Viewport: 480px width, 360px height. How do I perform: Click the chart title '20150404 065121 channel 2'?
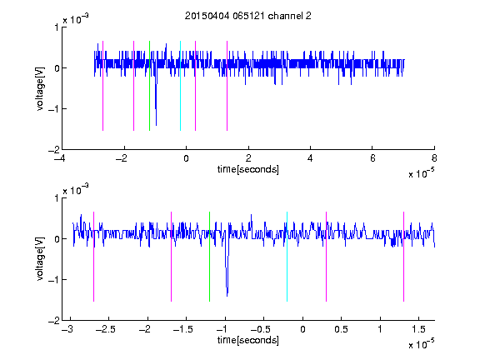tap(248, 16)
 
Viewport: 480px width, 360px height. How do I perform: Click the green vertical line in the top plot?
tap(149, 86)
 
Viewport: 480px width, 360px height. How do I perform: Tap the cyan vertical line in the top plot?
tap(180, 86)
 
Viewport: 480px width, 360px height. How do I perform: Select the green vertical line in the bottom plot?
tap(209, 257)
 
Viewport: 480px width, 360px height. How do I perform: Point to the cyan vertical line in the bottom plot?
tap(287, 257)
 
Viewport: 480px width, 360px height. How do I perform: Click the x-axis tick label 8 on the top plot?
tap(434, 158)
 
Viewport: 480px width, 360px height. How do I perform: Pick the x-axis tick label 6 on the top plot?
tap(372, 158)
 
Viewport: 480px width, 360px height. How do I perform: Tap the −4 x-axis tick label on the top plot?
tap(59, 158)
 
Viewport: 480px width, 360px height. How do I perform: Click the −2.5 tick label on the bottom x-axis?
tap(105, 329)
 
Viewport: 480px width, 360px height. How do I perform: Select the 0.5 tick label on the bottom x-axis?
tap(341, 329)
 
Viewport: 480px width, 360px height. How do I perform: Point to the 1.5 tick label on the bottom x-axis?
tap(418, 329)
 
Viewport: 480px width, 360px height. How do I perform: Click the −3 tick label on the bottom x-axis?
tap(67, 329)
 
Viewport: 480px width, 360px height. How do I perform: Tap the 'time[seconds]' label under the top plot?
tap(248, 169)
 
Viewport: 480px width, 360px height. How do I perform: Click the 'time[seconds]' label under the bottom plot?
tap(248, 340)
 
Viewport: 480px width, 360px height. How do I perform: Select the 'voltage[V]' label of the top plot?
tap(40, 88)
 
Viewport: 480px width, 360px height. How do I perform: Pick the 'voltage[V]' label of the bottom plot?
tap(40, 258)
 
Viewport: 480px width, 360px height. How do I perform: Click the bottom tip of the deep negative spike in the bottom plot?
tap(227, 296)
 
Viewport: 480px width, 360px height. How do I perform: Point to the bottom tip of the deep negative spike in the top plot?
tap(156, 125)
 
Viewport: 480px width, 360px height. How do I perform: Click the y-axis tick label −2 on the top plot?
tap(53, 150)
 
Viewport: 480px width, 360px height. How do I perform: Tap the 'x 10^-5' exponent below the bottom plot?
tap(421, 344)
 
